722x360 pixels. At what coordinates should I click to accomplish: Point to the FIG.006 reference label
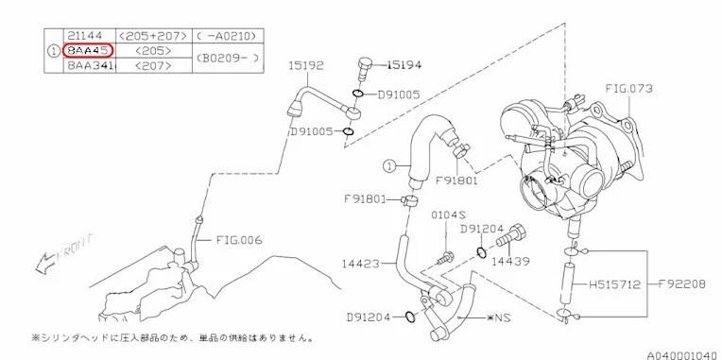coord(238,240)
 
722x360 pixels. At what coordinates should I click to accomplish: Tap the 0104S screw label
coord(445,216)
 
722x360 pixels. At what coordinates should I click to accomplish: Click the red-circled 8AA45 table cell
coord(88,50)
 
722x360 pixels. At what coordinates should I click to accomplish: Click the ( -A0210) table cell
coord(227,34)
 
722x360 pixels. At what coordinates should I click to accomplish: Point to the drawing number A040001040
coord(681,354)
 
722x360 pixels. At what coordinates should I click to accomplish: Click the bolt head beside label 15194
coord(365,67)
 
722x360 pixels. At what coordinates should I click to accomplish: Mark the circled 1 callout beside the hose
coord(388,167)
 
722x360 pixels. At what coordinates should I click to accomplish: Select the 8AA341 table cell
coord(88,66)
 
